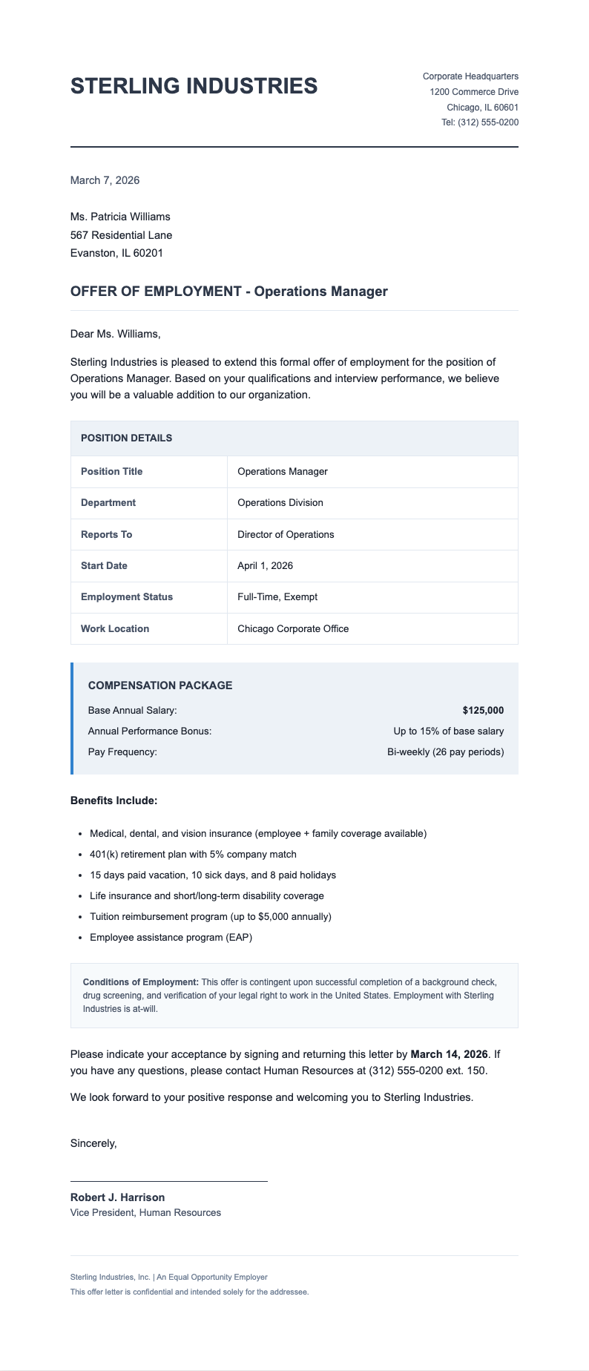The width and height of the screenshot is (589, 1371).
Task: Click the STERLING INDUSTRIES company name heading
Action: [194, 86]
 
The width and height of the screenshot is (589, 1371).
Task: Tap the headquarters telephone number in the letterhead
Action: [480, 122]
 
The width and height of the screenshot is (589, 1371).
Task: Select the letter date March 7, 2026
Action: [105, 180]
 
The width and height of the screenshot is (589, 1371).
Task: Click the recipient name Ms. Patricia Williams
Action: [120, 217]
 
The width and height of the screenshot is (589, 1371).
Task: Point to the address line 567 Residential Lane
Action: [121, 235]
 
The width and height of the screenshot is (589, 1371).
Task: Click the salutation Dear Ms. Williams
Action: [115, 334]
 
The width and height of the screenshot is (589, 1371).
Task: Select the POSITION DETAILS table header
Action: [126, 438]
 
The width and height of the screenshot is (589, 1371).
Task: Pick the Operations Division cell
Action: [280, 503]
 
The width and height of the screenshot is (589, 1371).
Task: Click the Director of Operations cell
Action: [286, 534]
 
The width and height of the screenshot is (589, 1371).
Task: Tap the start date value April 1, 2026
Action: [265, 566]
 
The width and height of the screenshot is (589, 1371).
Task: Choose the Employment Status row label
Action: [126, 597]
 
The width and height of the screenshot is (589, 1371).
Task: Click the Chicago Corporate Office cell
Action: [293, 628]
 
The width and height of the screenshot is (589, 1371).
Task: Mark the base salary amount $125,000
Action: [483, 711]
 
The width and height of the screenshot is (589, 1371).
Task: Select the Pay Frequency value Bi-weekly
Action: [445, 752]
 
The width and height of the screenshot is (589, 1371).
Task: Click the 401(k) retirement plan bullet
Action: [193, 855]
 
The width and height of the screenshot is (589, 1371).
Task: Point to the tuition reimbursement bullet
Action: [210, 917]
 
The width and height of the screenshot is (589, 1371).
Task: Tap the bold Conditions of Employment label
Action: [140, 983]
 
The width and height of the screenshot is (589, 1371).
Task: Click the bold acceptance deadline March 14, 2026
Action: [449, 1054]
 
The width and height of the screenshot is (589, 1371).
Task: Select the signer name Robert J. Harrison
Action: [117, 1197]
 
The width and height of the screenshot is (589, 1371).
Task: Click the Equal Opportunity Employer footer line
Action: [168, 1278]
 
